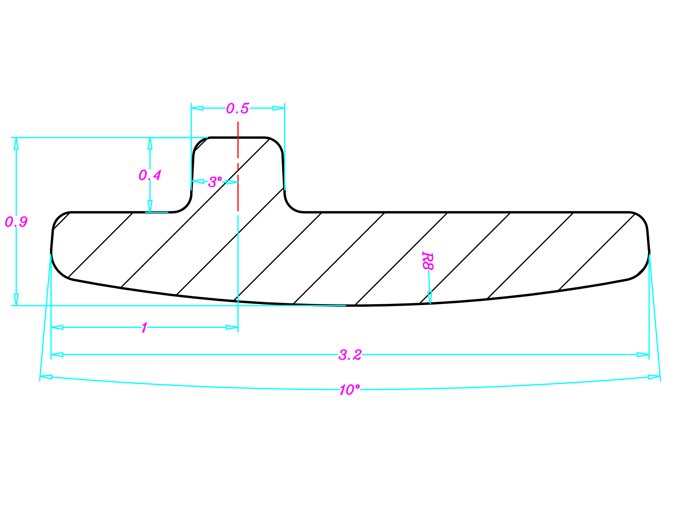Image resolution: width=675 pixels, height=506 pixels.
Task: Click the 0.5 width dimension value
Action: pos(238,108)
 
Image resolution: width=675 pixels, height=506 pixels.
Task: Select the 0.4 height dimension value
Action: pos(149,175)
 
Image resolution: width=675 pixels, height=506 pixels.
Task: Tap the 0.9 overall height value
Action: pos(16,222)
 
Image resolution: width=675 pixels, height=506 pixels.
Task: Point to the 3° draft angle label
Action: pos(215,182)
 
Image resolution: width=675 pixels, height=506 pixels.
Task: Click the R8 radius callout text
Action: pos(428,261)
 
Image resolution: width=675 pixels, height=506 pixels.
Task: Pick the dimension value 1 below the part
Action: pos(144,328)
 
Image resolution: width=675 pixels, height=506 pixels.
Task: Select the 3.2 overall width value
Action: pos(350,355)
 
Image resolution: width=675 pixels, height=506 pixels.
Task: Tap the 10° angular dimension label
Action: pos(350,390)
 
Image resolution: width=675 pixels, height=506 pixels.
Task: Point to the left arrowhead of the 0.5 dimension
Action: pos(197,108)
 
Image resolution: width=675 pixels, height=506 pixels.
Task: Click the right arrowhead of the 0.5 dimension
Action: pos(278,108)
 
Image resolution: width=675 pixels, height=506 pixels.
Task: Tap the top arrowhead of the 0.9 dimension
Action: pos(16,144)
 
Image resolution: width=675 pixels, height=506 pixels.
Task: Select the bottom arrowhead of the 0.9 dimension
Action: pos(16,299)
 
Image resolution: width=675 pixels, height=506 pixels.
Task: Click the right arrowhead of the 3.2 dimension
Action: pos(643,355)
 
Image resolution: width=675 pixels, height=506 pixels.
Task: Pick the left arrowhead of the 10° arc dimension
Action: pos(46,377)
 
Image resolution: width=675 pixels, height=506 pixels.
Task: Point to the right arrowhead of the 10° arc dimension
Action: pos(654,377)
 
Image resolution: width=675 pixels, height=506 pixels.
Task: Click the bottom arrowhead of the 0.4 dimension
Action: pos(150,206)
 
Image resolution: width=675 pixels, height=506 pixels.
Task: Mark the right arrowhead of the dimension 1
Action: pos(232,328)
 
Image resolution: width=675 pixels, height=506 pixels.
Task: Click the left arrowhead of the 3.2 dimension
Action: pos(57,355)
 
